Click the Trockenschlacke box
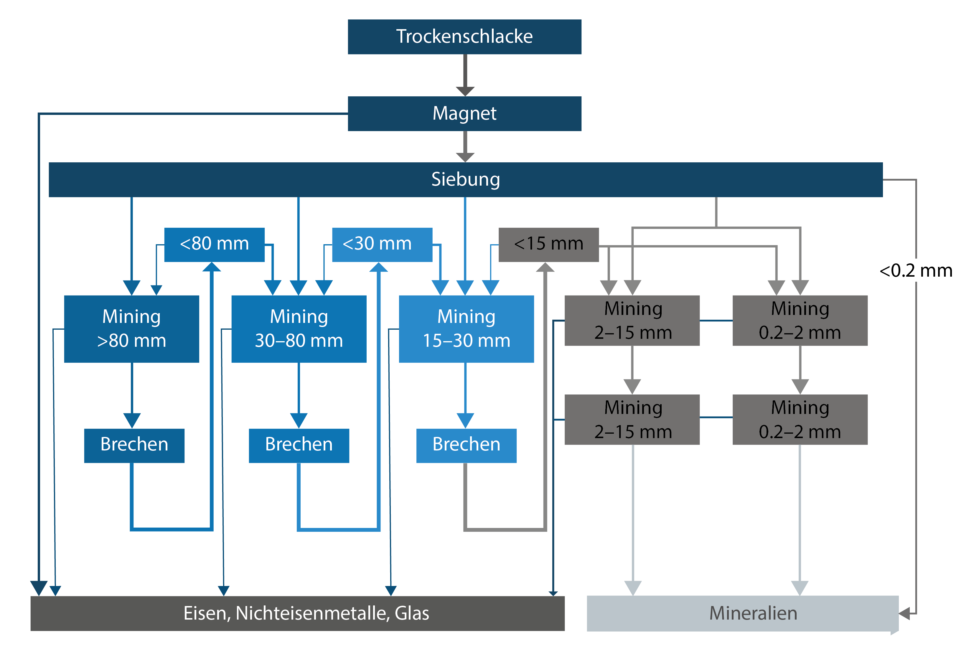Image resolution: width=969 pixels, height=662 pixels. point(464,37)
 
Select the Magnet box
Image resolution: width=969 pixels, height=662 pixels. point(464,113)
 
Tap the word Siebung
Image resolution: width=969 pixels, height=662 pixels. point(465,179)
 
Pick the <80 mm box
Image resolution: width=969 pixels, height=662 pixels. point(214,244)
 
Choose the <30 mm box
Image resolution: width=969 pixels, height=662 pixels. point(382,244)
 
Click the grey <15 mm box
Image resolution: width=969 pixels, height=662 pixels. point(549,244)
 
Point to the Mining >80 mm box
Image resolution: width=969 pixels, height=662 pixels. point(131,328)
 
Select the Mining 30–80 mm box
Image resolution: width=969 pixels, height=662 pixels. point(299,328)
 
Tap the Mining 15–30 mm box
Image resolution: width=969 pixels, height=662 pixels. point(466,328)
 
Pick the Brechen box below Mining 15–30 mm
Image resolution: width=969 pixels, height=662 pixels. point(466,445)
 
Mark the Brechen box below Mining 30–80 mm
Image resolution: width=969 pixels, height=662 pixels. point(299,445)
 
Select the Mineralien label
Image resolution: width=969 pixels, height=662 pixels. point(753,613)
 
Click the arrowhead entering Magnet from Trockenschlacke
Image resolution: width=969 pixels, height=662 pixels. point(465,91)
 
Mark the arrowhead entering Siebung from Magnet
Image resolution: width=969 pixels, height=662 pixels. point(465,157)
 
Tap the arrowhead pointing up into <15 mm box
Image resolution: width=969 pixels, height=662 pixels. point(545,267)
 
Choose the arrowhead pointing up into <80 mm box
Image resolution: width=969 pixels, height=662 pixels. point(212,267)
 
